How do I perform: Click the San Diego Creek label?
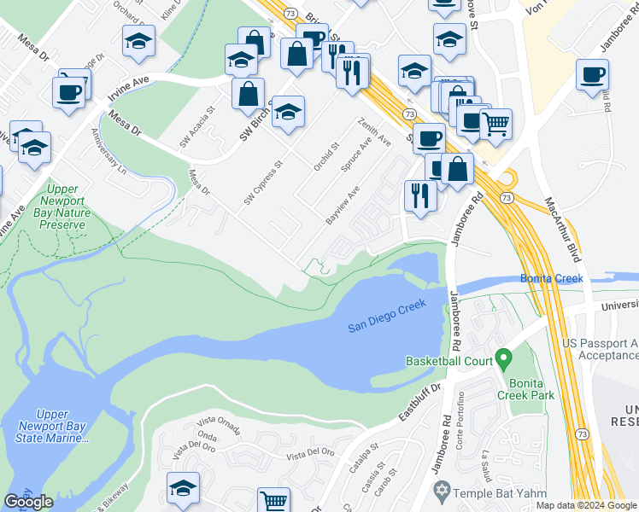tap(387, 326)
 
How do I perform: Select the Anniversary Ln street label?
tap(109, 151)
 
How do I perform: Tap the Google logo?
tap(28, 502)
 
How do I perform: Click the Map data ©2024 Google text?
tap(586, 505)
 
